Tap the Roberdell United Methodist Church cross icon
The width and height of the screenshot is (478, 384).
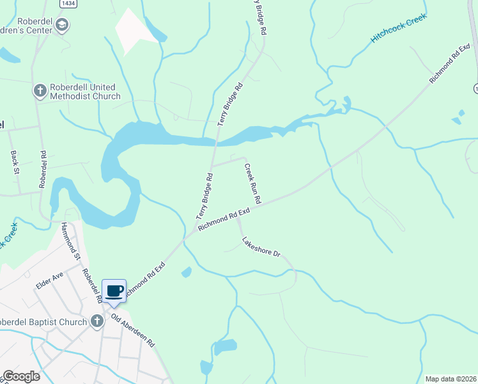pyautogui.click(x=40, y=91)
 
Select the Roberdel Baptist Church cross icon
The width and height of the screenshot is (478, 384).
pyautogui.click(x=96, y=321)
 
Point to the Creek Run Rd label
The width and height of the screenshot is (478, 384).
pyautogui.click(x=252, y=183)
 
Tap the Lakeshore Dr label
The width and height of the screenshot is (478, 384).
pyautogui.click(x=261, y=247)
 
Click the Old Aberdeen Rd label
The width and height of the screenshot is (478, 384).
pyautogui.click(x=133, y=330)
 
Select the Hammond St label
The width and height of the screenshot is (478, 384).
pyautogui.click(x=70, y=241)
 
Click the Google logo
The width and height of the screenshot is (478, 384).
pyautogui.click(x=21, y=376)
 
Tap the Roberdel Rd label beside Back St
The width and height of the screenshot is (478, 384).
pyautogui.click(x=43, y=169)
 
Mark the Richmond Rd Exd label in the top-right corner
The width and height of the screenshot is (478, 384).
pyautogui.click(x=445, y=64)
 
